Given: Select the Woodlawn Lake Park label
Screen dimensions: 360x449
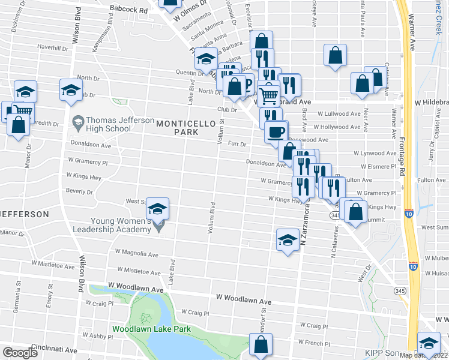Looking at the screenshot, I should (x=151, y=329).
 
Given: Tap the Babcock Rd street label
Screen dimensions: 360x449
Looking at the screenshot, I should (x=129, y=10).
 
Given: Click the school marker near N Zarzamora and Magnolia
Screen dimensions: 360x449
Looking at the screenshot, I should (x=288, y=240).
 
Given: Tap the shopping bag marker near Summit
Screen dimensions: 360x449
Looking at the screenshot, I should (x=355, y=212).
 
